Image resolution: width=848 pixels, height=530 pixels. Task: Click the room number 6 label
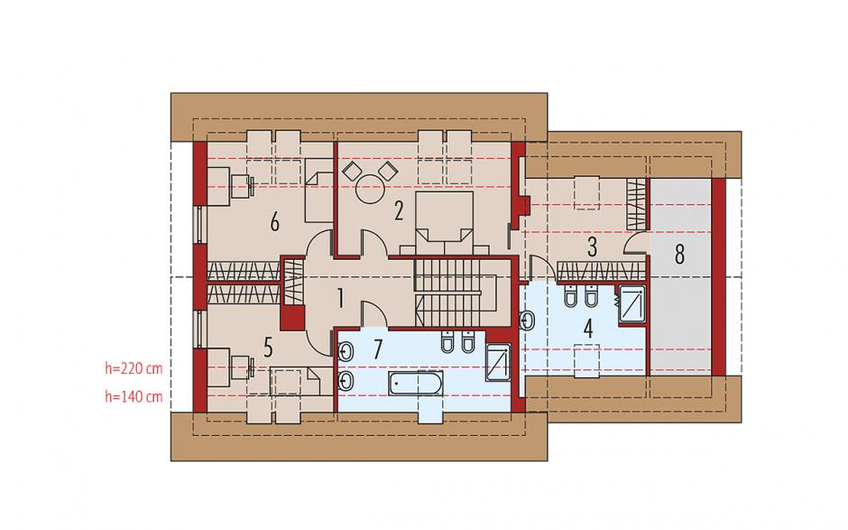(275, 222)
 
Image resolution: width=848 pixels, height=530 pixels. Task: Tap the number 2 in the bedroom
(399, 210)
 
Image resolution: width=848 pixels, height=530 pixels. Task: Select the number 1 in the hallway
(340, 298)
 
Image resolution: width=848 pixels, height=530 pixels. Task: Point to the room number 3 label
(592, 246)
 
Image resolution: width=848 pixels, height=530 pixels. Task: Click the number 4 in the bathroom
(588, 329)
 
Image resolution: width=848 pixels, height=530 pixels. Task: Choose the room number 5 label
(268, 349)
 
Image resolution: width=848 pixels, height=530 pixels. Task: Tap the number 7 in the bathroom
(377, 349)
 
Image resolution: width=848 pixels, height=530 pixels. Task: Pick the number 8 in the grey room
(680, 254)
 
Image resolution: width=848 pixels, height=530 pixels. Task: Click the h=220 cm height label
(134, 368)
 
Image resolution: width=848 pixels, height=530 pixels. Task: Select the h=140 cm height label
(134, 397)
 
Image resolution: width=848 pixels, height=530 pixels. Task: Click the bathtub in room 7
(416, 384)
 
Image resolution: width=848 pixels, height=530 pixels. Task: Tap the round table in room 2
(370, 189)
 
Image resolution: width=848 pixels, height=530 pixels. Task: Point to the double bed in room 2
(444, 222)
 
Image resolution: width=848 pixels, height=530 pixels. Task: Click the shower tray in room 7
(498, 362)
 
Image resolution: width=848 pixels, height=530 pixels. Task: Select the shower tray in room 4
(632, 304)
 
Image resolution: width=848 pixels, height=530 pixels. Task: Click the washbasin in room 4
(527, 320)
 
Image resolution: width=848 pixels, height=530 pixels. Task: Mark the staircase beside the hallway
(456, 293)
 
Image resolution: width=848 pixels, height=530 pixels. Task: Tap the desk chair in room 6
(242, 187)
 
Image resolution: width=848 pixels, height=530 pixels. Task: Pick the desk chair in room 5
(242, 368)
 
